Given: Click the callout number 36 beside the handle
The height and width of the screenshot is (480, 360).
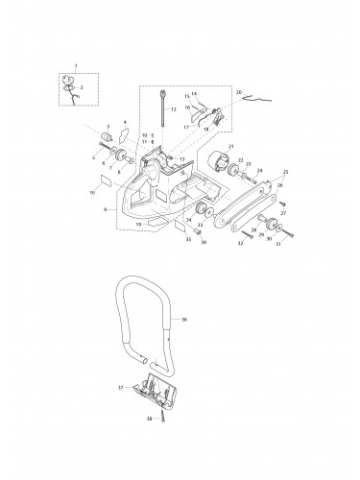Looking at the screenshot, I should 184,318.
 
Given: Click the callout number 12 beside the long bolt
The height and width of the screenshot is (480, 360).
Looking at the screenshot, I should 174,112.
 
